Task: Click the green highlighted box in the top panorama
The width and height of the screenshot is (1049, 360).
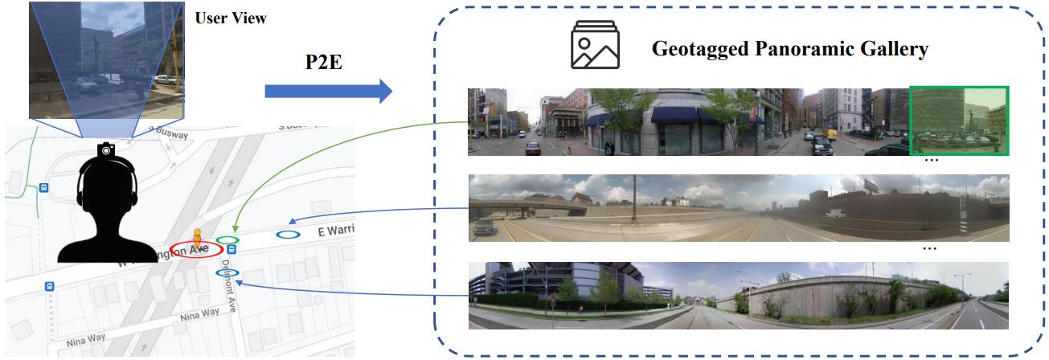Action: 958,121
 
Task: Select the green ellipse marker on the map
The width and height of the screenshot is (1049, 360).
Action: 228,239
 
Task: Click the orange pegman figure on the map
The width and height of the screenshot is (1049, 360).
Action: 197,239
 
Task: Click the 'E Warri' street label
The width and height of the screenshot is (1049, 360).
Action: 336,231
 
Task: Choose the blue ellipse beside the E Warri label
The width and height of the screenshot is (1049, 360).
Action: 288,235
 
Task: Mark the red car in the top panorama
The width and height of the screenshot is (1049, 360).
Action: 534,148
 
